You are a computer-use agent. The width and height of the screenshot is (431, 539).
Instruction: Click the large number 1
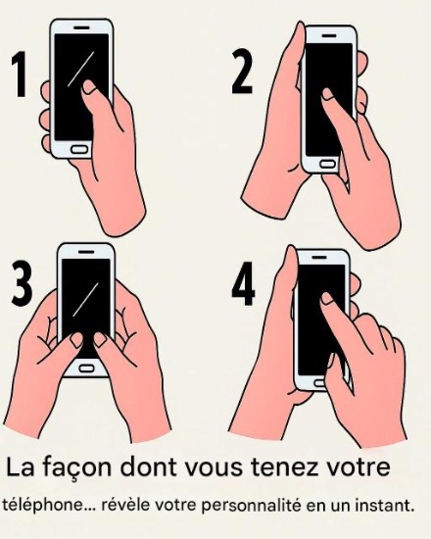click(x=19, y=74)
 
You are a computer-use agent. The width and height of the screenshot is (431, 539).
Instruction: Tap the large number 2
click(x=242, y=72)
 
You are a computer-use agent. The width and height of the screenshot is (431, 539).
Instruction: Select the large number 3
click(x=23, y=283)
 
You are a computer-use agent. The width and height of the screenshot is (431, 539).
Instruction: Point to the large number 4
click(x=243, y=283)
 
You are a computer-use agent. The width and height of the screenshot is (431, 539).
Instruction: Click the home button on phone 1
click(x=79, y=150)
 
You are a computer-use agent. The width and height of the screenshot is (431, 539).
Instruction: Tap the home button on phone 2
click(x=327, y=164)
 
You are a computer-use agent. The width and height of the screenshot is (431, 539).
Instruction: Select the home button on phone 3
click(x=86, y=368)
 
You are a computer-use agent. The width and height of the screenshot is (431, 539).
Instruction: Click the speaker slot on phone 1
click(x=81, y=27)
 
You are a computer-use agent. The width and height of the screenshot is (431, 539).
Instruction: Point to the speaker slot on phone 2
click(x=329, y=35)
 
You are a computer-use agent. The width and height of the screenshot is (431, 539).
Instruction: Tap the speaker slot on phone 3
click(x=86, y=252)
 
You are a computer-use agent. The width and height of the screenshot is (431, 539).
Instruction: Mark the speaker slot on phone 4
click(x=319, y=257)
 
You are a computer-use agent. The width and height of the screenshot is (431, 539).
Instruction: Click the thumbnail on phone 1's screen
click(x=90, y=86)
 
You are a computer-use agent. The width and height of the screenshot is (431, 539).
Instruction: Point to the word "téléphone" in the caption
click(x=42, y=506)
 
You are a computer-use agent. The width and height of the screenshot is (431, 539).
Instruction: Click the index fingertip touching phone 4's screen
click(x=327, y=298)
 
